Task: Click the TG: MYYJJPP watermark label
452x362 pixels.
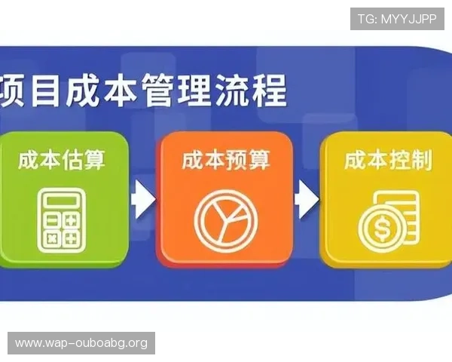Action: point(397,19)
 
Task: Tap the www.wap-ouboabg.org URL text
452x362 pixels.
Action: point(81,343)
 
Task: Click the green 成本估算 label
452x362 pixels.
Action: point(62,160)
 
